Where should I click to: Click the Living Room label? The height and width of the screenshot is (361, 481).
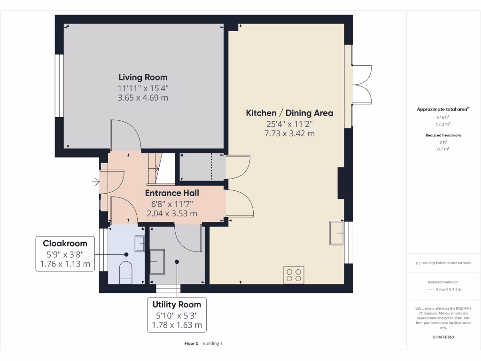point(143,77)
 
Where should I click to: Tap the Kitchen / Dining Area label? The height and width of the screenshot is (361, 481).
point(289,113)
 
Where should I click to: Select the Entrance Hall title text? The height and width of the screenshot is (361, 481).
point(172,193)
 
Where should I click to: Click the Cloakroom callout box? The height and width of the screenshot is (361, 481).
point(65,254)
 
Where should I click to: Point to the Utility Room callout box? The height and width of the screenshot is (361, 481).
point(177,314)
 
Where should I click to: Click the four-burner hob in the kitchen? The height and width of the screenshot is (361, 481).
point(294,275)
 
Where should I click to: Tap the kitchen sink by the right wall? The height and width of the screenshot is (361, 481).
point(336,233)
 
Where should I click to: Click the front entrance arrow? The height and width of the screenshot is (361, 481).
point(96,181)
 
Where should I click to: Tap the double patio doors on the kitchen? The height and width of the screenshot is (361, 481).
point(362,85)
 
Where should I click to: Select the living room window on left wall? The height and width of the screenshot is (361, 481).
point(60,86)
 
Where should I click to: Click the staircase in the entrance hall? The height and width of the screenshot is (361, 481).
point(155,168)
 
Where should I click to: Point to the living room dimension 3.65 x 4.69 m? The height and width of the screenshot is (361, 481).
point(143,98)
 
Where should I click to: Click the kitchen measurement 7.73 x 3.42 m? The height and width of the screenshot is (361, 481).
point(289,133)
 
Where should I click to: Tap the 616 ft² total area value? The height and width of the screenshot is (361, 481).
point(443,118)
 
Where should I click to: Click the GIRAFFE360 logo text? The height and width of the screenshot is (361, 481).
point(443,337)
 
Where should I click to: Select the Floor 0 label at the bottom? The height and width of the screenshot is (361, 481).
point(192,343)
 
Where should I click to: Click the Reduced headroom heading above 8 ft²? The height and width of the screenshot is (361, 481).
point(443,135)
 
